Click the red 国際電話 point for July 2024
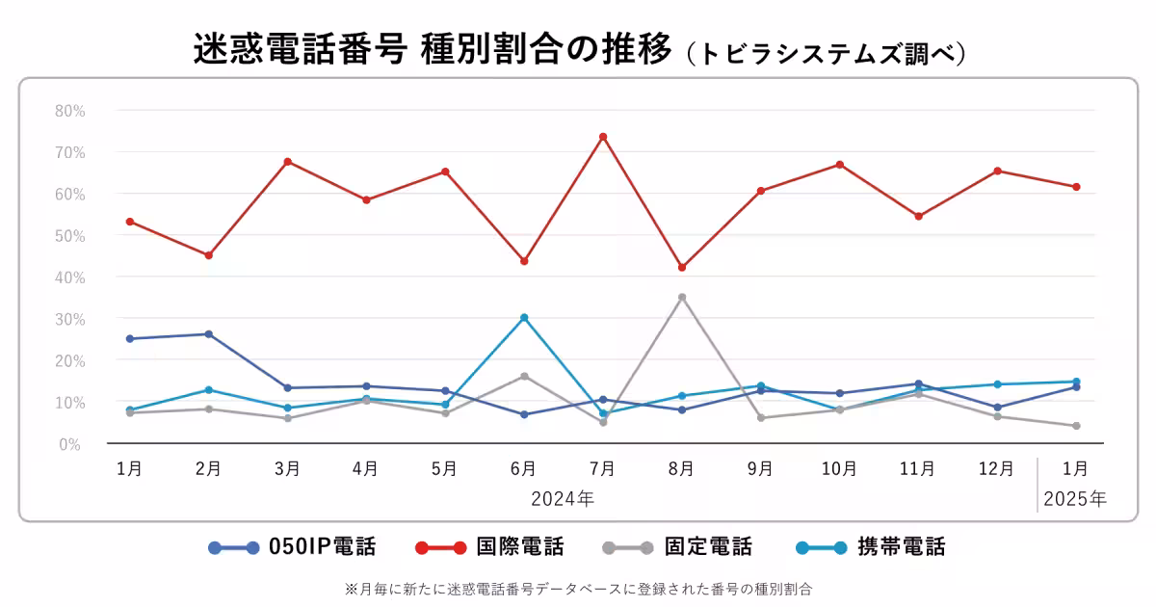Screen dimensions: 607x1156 603,137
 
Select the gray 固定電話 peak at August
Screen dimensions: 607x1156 682,297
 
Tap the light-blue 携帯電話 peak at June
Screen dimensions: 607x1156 524,317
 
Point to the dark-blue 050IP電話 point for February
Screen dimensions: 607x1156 208,334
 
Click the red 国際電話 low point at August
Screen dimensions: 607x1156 682,267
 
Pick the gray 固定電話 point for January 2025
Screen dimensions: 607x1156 1076,426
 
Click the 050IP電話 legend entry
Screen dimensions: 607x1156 292,547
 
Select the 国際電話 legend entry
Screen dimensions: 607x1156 489,547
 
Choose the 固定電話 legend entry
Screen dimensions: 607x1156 677,547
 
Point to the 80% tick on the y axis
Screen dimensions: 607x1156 69,111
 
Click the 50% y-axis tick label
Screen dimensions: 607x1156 69,236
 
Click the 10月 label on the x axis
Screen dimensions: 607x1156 839,469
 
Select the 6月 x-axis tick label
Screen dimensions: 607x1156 524,469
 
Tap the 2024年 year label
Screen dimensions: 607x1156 563,499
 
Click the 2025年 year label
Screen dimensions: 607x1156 1075,499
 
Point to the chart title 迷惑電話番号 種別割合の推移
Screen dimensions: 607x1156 432,50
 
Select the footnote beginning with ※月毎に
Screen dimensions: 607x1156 578,587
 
